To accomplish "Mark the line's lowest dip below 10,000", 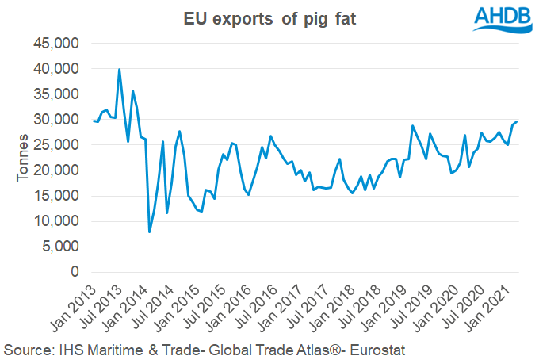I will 150,232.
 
